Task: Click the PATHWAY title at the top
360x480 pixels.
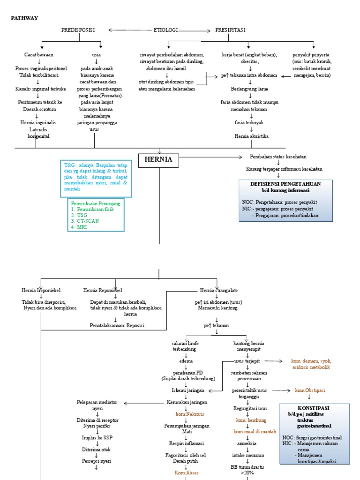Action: click(x=24, y=18)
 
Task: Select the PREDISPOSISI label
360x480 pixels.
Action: click(x=78, y=30)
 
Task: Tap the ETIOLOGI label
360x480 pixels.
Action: click(x=166, y=30)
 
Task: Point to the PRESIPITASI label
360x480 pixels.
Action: click(x=230, y=30)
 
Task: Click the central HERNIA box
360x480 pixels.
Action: click(x=158, y=160)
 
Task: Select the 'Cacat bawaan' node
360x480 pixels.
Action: click(x=42, y=55)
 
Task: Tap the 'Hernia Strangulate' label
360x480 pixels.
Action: click(x=216, y=290)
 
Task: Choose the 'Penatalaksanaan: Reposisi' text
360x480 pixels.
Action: click(x=117, y=325)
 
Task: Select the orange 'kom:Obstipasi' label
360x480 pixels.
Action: click(x=310, y=390)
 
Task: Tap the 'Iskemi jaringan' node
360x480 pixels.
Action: click(x=187, y=390)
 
